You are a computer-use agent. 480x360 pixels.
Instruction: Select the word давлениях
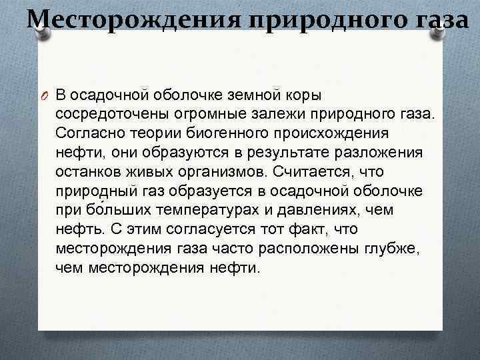pyautogui.click(x=327, y=210)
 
